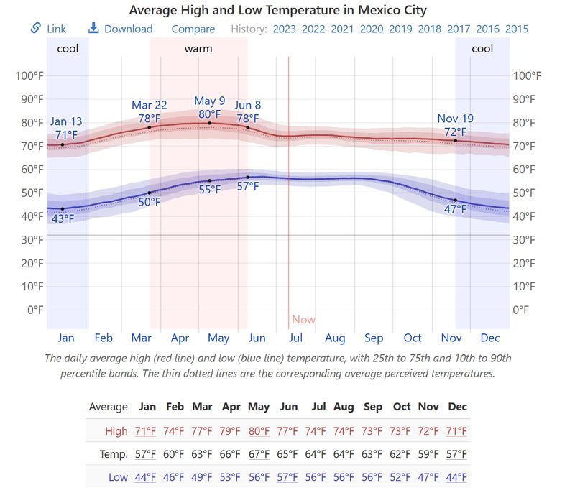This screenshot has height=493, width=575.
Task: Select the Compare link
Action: point(193,29)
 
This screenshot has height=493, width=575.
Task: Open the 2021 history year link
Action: point(342,29)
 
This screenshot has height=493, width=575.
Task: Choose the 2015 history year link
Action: point(516,29)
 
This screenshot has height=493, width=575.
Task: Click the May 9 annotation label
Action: point(210,101)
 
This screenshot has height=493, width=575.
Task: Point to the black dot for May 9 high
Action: point(210,123)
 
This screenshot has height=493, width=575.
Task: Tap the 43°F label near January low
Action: point(63,218)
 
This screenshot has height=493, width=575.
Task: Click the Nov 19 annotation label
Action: point(456,119)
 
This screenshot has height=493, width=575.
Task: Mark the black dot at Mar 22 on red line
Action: point(149,128)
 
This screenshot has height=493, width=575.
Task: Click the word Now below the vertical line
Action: point(303,320)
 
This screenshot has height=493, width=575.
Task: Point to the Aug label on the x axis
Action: point(335,338)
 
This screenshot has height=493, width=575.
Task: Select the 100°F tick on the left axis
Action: point(29,76)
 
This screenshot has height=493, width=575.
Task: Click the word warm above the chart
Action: point(198,49)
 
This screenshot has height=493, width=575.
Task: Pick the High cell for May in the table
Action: point(259,431)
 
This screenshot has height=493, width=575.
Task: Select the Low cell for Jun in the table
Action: point(287,477)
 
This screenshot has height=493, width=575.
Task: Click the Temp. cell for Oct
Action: point(401,454)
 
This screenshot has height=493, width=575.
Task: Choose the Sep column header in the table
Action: point(372,407)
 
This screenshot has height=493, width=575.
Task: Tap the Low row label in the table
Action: point(118,477)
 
